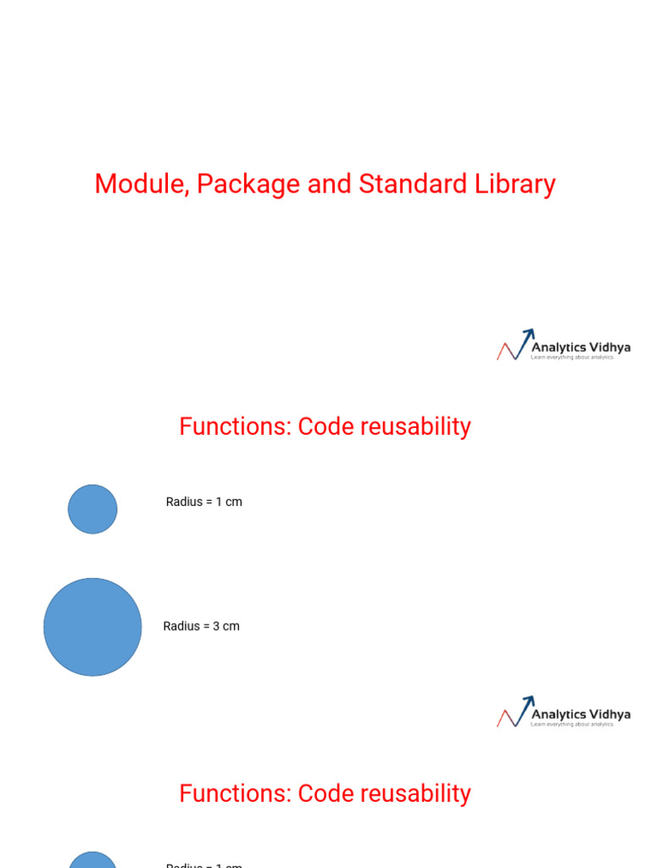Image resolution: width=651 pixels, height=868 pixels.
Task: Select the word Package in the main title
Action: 249,184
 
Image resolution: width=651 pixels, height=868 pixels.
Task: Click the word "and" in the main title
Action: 330,184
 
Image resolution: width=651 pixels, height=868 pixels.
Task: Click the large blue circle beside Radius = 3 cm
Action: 92,627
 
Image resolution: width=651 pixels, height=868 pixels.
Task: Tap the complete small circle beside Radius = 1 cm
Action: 92,509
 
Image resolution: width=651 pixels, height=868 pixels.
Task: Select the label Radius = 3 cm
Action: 202,626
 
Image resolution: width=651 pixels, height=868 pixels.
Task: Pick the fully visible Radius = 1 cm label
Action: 204,502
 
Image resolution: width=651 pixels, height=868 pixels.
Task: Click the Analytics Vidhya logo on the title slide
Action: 563,347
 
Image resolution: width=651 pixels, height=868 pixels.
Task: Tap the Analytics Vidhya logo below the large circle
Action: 563,714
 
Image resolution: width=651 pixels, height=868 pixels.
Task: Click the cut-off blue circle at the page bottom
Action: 92,860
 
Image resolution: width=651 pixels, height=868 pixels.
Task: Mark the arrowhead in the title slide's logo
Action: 528,334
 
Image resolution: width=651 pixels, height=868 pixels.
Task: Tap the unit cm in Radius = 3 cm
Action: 231,626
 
